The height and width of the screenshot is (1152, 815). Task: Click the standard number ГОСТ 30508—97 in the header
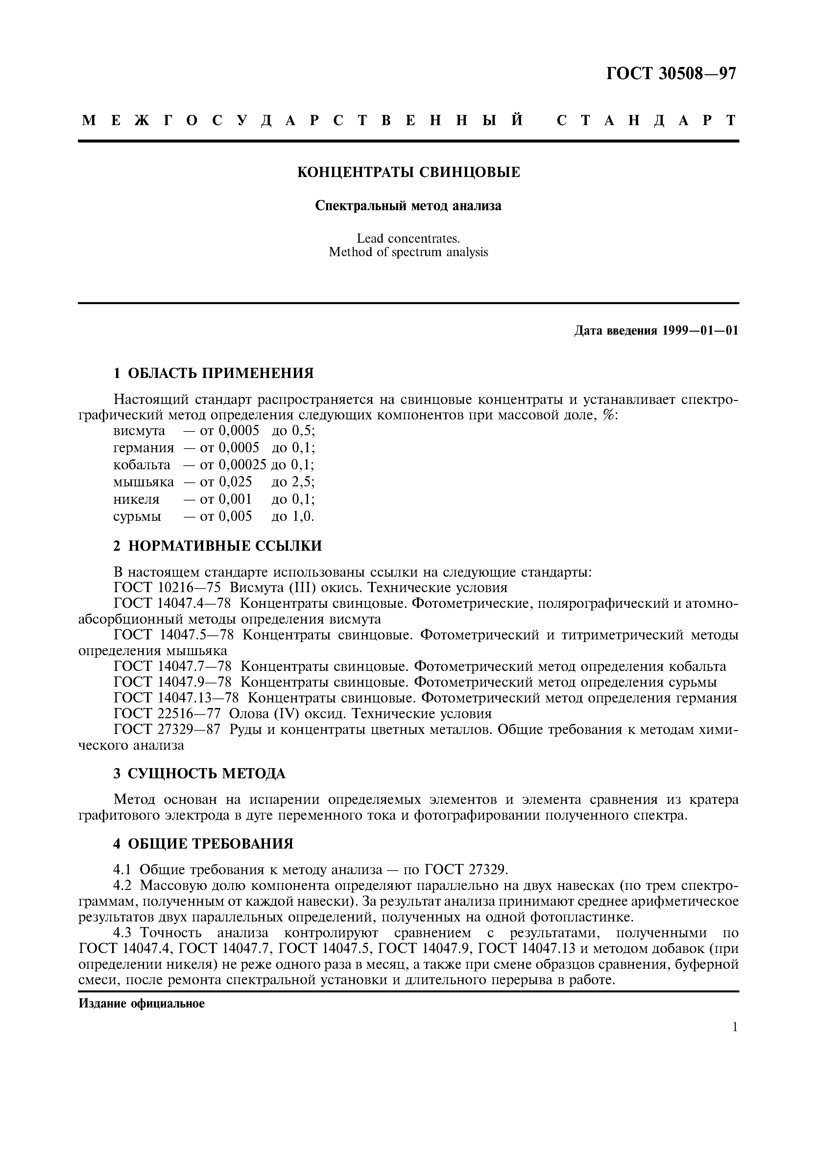point(671,74)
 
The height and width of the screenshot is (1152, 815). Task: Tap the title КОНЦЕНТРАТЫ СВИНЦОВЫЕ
point(409,173)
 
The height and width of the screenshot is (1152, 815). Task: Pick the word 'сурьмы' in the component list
point(137,516)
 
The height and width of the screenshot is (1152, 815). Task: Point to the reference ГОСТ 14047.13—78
point(176,698)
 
